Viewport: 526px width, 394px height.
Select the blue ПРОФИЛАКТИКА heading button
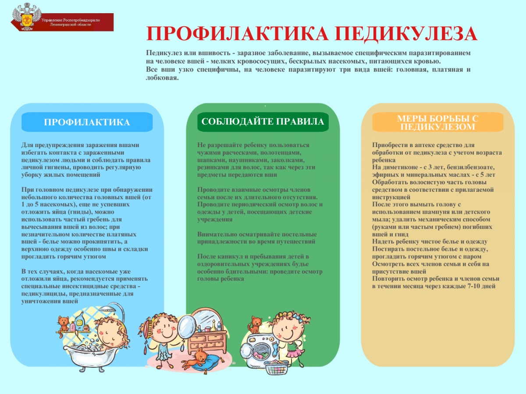coord(87,122)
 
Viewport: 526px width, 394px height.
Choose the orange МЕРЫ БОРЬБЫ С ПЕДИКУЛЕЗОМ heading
coord(437,122)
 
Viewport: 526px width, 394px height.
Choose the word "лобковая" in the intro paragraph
coord(162,78)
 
